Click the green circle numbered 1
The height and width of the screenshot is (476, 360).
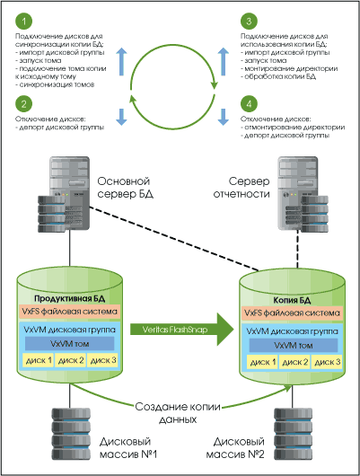point(23,22)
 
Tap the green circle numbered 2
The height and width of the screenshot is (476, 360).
point(23,104)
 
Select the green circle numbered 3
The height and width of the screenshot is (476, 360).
point(249,22)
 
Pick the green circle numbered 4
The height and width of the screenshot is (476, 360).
point(249,104)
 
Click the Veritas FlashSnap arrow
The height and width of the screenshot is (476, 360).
point(182,330)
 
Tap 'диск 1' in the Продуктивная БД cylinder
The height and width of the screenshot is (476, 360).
point(39,360)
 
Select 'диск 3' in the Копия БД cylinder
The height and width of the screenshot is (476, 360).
point(327,362)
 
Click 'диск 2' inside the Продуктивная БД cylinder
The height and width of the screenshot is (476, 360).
point(70,360)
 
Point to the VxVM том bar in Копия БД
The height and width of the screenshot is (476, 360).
point(294,346)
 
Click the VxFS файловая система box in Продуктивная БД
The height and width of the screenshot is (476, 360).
point(69,312)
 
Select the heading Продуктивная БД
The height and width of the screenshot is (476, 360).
point(69,299)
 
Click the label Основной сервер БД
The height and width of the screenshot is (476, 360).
point(125,188)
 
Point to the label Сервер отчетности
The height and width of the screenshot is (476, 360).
point(241,188)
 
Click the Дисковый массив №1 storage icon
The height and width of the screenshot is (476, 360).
point(71,433)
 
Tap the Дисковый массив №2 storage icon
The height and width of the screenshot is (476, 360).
point(293,433)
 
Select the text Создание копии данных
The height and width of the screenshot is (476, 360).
point(178,413)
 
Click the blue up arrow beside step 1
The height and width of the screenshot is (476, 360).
point(122,61)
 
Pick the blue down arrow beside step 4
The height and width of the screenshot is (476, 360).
point(224,117)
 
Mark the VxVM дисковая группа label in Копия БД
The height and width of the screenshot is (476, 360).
point(292,331)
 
